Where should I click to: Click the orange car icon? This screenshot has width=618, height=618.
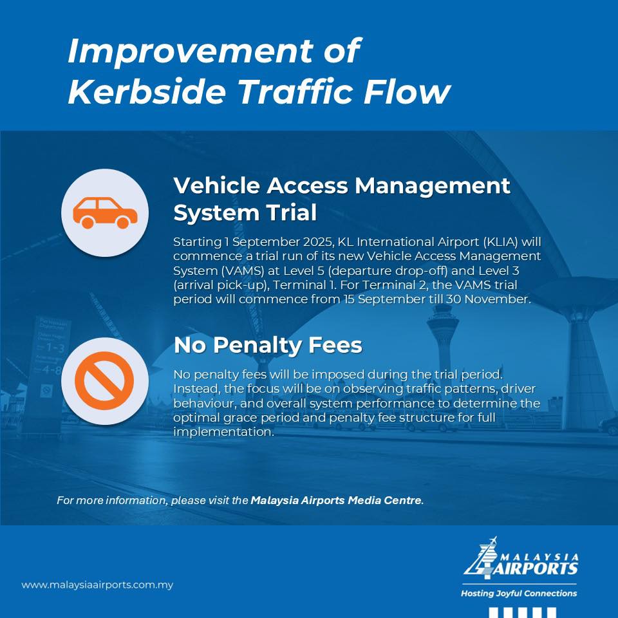coord(105,213)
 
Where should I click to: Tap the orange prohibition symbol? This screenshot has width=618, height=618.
coord(104,380)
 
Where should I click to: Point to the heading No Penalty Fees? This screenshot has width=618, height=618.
coord(268,345)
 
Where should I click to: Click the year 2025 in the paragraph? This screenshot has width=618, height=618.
coord(319,241)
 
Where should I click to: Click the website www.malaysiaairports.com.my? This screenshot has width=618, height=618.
coord(97,585)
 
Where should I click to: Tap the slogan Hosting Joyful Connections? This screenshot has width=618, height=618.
coord(519,593)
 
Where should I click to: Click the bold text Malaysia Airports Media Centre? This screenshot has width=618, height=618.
coord(336,500)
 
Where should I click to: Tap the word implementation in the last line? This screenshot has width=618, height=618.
coord(223,432)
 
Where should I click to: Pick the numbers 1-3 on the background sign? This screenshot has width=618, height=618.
coord(55,348)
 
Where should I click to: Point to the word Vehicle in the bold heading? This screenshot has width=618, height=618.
coord(217,185)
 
